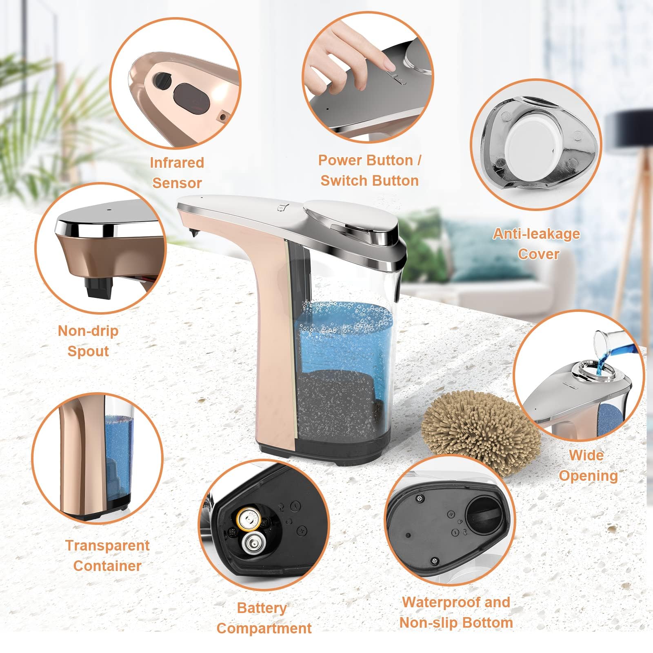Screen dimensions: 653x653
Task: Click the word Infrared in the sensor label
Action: tap(177, 162)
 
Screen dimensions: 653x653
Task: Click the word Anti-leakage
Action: tap(536, 233)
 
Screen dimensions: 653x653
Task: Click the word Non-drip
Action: tap(88, 331)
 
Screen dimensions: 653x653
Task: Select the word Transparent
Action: tap(107, 546)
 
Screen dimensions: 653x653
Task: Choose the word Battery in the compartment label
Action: tap(262, 608)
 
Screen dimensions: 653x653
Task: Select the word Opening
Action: tap(588, 476)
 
